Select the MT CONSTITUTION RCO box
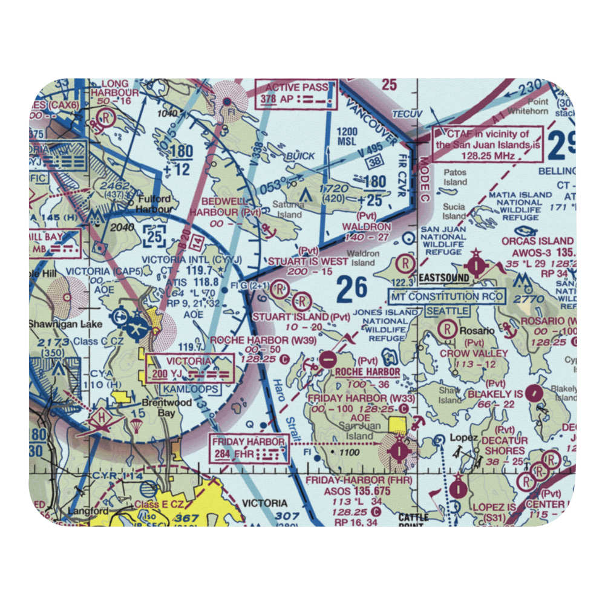447,296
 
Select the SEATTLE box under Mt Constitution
447,310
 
